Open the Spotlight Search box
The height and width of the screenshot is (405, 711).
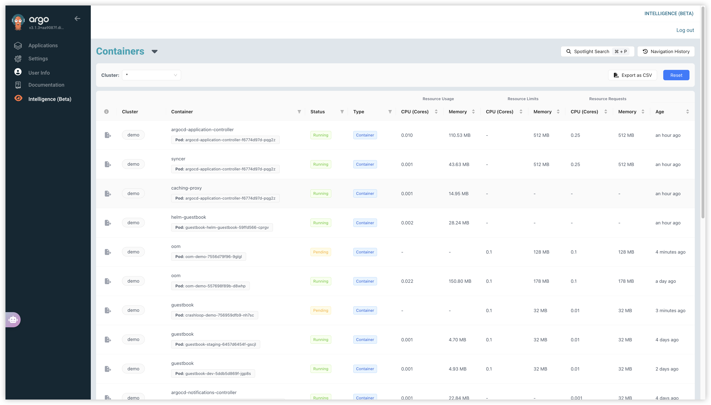click(x=597, y=51)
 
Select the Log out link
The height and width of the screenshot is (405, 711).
click(x=685, y=30)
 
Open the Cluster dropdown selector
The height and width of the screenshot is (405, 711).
click(x=151, y=75)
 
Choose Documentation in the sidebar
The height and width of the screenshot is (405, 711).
click(x=46, y=85)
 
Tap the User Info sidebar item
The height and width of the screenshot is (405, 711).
click(x=39, y=73)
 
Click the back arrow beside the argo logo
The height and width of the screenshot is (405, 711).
click(x=77, y=19)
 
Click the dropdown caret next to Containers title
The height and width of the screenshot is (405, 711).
click(x=155, y=51)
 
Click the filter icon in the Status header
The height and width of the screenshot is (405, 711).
click(x=342, y=111)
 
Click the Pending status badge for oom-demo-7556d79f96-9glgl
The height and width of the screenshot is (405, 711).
click(x=320, y=252)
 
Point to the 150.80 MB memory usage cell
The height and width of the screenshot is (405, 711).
click(x=460, y=281)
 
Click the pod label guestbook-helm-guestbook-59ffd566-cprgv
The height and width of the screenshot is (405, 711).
click(x=222, y=227)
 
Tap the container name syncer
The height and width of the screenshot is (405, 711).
click(x=178, y=159)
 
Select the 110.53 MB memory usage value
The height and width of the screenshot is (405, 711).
click(x=459, y=135)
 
